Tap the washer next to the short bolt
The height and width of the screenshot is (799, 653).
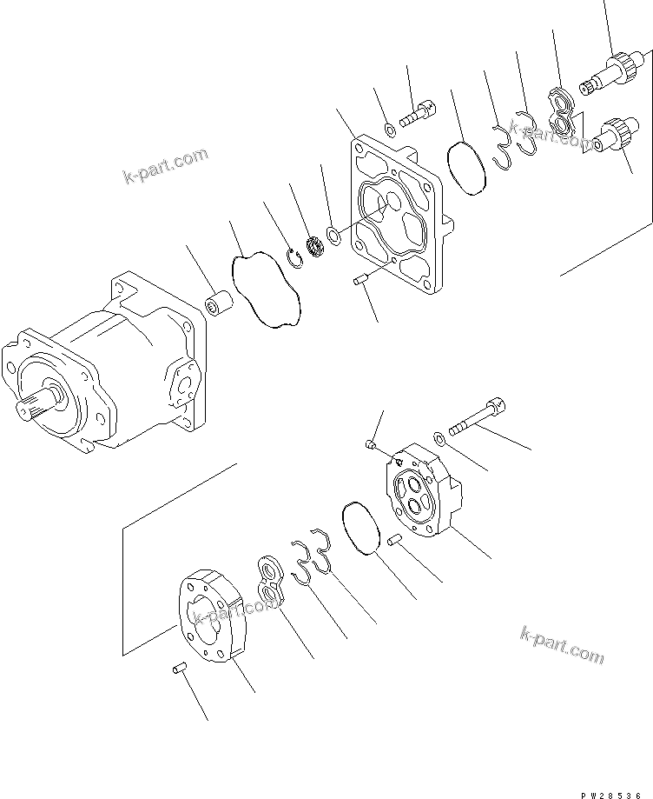389,130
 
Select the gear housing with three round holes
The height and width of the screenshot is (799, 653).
420,491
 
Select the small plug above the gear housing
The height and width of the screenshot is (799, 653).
370,446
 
